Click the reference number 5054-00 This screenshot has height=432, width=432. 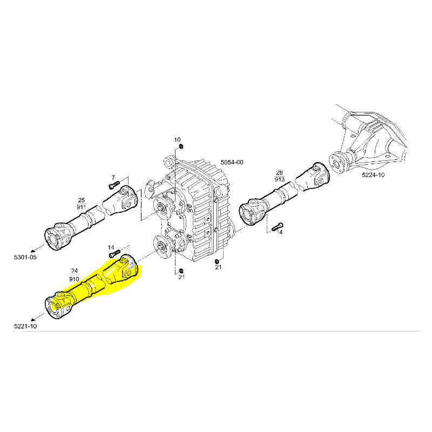click(x=232, y=163)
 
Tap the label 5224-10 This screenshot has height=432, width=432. click(x=374, y=175)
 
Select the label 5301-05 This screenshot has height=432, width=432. click(x=25, y=257)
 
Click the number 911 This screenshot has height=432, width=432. click(x=82, y=207)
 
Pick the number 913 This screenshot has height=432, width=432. click(x=279, y=179)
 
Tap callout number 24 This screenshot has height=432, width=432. click(x=74, y=271)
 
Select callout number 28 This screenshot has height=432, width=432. click(x=279, y=172)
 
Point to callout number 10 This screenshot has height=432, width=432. click(x=177, y=140)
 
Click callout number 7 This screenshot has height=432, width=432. click(x=113, y=178)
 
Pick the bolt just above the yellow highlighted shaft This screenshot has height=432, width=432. click(x=114, y=254)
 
